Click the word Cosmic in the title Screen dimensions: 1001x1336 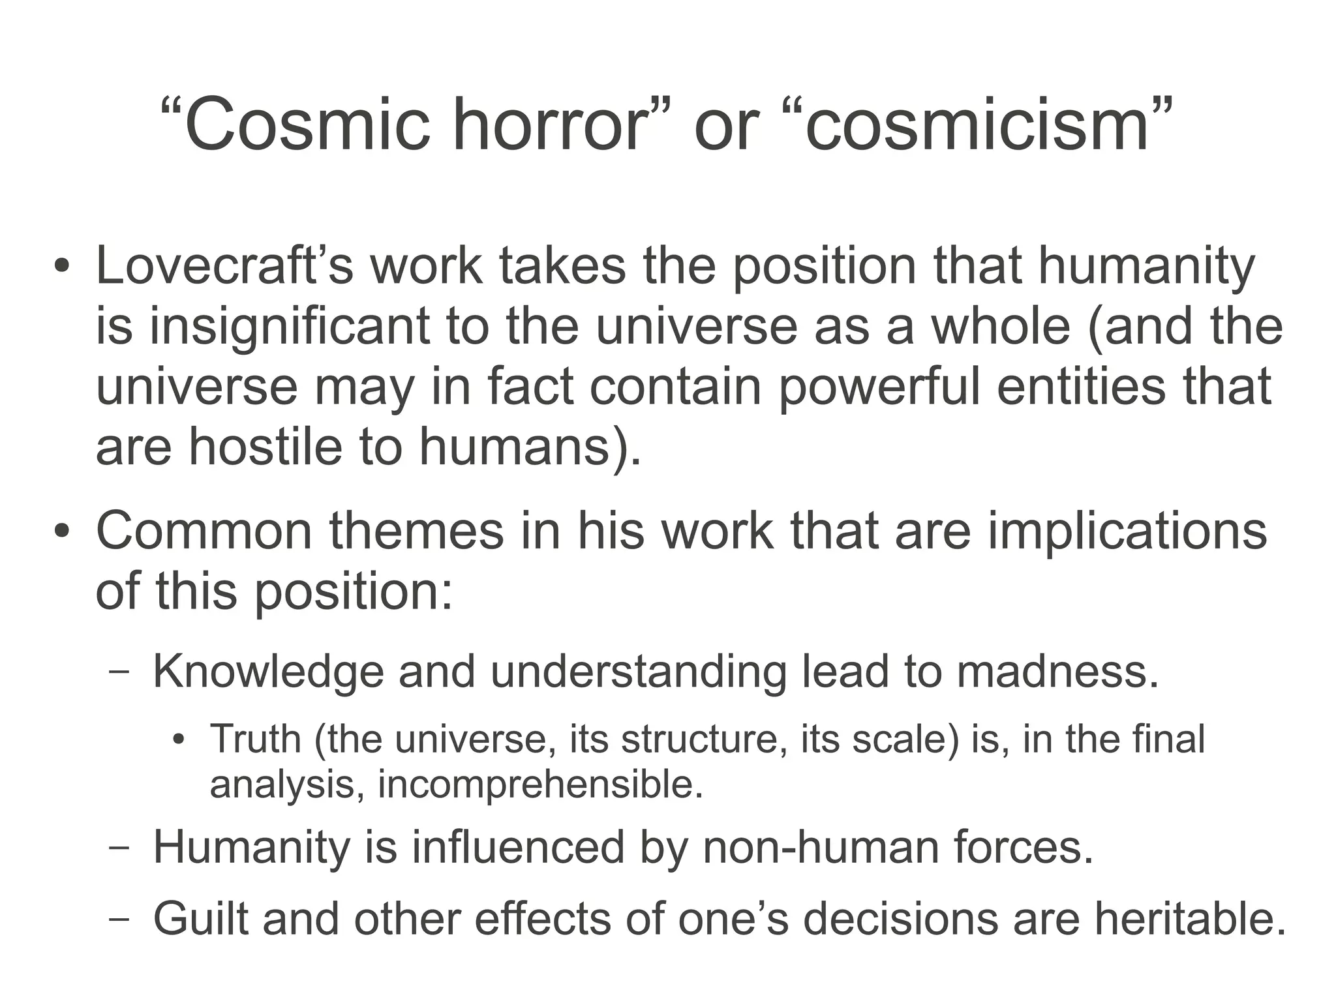coord(307,124)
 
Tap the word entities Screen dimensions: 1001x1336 coord(1080,387)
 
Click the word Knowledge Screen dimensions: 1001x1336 coord(268,671)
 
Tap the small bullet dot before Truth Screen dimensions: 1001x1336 coord(179,741)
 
